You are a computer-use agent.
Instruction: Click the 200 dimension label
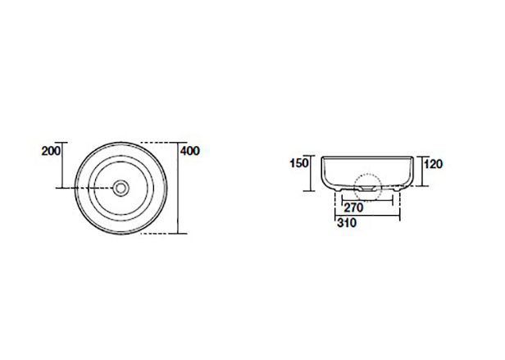51,151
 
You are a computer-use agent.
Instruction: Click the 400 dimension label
190,151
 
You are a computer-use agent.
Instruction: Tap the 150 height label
299,163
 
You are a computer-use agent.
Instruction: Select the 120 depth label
433,164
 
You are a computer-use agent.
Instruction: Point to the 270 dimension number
353,207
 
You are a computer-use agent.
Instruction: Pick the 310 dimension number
347,223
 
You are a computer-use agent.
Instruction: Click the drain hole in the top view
121,188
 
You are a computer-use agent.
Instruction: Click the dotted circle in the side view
367,188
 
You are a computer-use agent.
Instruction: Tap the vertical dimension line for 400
178,188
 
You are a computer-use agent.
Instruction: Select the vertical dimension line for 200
62,165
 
